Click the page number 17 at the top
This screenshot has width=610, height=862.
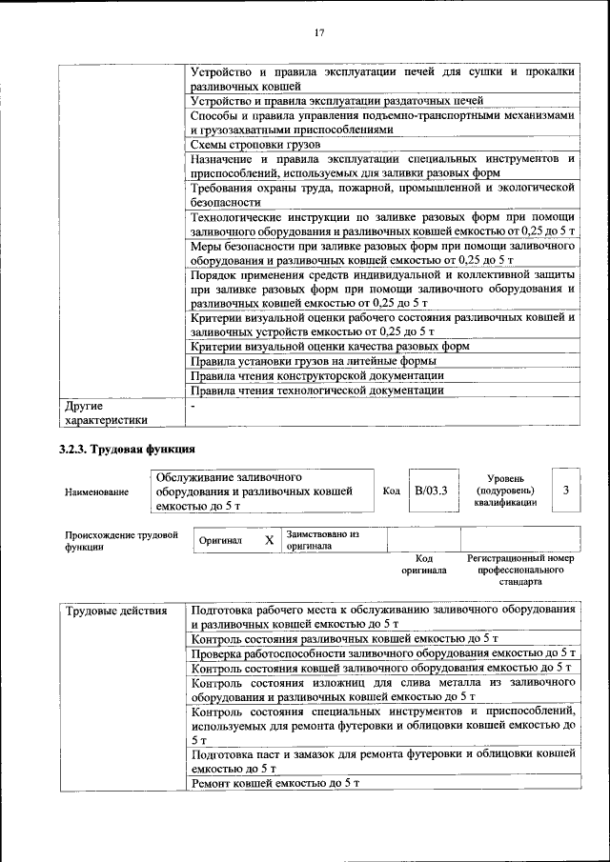(320, 33)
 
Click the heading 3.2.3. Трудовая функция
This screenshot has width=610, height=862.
(128, 448)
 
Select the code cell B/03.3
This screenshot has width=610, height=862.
(431, 491)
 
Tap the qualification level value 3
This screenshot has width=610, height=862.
(566, 491)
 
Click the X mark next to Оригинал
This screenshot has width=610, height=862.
(269, 540)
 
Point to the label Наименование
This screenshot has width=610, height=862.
(96, 492)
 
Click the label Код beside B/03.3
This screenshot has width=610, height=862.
(391, 491)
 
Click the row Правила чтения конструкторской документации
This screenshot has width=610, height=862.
(317, 375)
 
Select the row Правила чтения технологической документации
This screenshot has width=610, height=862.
(316, 390)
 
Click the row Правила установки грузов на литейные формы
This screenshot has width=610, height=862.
(314, 361)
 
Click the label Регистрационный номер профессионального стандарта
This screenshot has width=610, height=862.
(519, 569)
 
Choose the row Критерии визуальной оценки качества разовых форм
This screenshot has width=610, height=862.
(330, 347)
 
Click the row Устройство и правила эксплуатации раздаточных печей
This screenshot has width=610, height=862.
(336, 100)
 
